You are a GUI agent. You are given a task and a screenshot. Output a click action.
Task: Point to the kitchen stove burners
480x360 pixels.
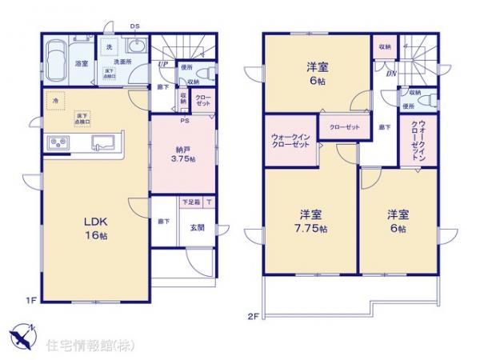click(x=60, y=143)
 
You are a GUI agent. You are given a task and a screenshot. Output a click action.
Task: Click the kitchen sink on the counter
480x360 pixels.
click(x=105, y=143)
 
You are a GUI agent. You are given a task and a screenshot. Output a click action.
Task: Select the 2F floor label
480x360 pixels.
click(x=252, y=316)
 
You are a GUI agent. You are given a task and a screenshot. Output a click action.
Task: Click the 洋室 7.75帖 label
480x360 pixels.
click(x=311, y=221)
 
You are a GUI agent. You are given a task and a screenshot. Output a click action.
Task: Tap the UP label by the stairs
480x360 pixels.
click(x=162, y=64)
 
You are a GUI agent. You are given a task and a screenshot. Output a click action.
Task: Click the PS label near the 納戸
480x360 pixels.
click(x=185, y=120)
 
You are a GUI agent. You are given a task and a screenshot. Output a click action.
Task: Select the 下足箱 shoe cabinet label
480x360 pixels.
click(x=191, y=203)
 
